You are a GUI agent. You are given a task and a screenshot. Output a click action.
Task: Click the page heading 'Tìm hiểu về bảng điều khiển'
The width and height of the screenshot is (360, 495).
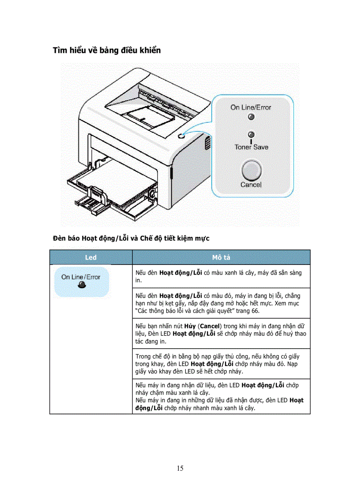[x=107, y=50]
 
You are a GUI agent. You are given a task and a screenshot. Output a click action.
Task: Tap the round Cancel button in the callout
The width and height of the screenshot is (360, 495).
[x=251, y=170]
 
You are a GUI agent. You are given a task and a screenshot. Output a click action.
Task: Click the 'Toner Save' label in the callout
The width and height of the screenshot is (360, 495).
[x=251, y=147]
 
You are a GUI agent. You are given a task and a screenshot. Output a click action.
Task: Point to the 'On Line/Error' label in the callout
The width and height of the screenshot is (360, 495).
[x=251, y=107]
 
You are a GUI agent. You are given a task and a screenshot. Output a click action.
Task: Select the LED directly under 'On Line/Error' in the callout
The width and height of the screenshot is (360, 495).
[x=251, y=117]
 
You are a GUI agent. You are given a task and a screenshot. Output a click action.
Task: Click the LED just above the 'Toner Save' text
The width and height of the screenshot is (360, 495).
[x=251, y=134]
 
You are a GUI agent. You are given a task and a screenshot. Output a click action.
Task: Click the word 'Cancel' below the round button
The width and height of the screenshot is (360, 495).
[x=251, y=185]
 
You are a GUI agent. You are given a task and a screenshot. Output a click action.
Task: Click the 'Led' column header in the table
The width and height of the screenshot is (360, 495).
[x=91, y=257]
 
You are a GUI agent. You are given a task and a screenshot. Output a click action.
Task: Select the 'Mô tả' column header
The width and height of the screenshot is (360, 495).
[x=221, y=257]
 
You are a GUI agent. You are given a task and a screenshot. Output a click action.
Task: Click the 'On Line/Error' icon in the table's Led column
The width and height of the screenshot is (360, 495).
[x=81, y=280]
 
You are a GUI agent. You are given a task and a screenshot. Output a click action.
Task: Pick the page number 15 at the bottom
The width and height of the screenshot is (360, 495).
[x=180, y=468]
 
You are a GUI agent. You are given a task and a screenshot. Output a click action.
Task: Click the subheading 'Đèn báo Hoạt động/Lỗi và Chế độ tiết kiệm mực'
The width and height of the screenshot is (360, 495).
[x=131, y=238]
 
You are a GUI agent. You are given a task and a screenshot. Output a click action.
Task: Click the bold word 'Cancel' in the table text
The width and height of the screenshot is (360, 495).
[x=210, y=326]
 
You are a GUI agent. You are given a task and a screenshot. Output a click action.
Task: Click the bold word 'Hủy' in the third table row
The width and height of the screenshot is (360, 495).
[x=190, y=326]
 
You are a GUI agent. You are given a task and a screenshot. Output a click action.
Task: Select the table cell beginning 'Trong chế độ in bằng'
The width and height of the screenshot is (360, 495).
[x=221, y=364]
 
